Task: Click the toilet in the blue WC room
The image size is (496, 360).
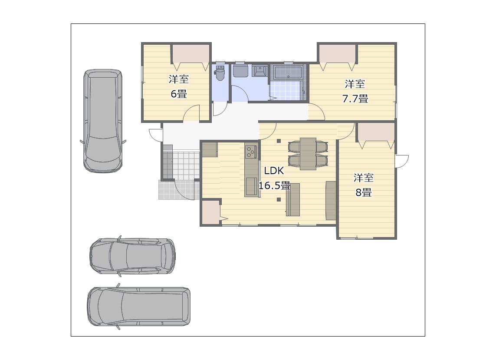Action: (x=220, y=73)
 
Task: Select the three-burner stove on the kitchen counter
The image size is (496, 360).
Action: (x=251, y=152)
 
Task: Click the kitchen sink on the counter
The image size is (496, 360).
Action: (x=252, y=186)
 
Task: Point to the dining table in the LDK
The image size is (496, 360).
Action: (x=308, y=154)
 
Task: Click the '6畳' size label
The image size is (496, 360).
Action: (x=179, y=94)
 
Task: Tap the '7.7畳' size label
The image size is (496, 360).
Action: (x=355, y=99)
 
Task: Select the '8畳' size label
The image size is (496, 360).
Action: (x=364, y=192)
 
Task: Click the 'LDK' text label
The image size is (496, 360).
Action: (x=274, y=171)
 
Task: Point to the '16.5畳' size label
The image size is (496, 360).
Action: (x=274, y=185)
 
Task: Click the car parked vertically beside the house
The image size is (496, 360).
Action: (x=103, y=121)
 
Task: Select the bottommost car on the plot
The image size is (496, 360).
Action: (x=139, y=307)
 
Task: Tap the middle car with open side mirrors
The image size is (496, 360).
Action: (x=132, y=256)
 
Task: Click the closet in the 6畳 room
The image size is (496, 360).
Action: (x=191, y=54)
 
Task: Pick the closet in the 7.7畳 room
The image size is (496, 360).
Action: (x=337, y=54)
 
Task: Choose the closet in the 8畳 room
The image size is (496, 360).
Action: (x=376, y=132)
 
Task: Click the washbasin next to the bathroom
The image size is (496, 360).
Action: (x=259, y=71)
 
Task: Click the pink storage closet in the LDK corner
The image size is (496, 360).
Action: (x=210, y=212)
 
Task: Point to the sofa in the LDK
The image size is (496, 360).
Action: (x=331, y=201)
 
